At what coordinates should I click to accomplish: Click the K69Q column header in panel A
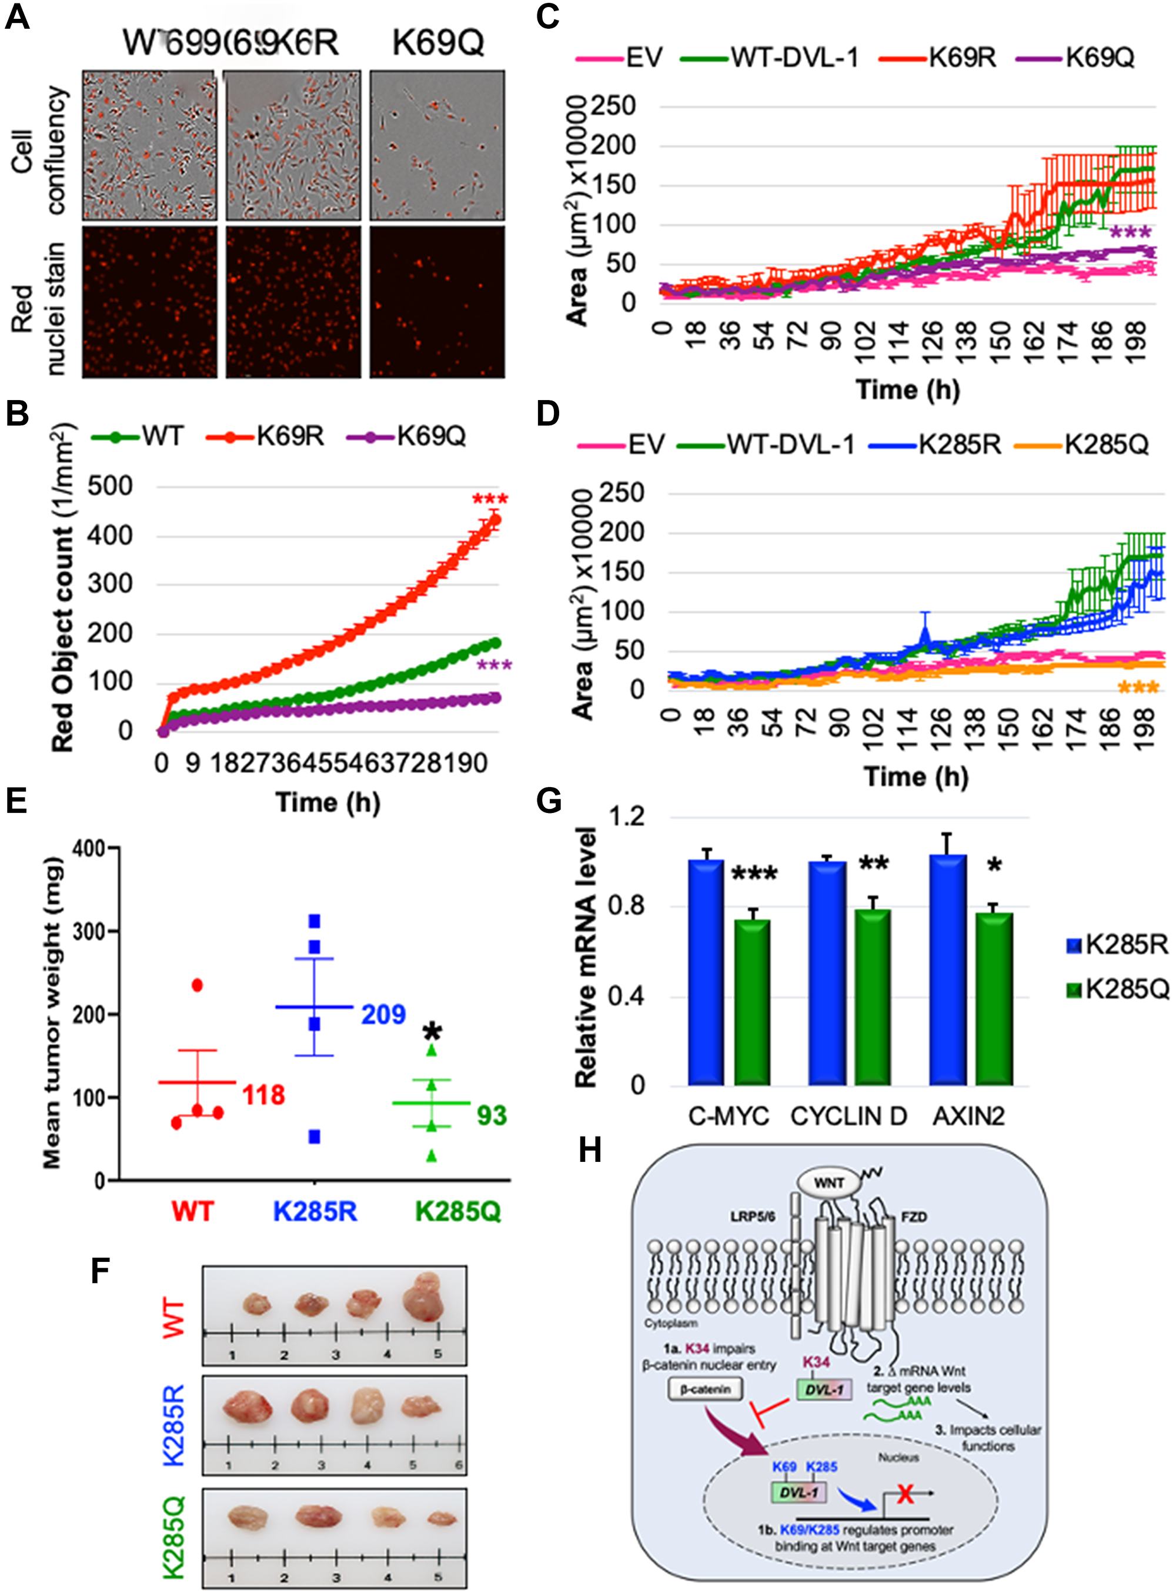[438, 43]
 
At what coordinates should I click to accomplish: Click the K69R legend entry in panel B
[289, 436]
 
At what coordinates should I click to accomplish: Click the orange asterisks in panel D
[1138, 688]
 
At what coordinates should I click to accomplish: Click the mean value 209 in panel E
[383, 1014]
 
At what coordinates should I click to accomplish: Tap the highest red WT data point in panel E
[197, 985]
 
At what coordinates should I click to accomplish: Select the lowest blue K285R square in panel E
[314, 1137]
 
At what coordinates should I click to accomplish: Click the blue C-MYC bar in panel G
[706, 972]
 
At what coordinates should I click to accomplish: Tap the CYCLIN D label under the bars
[848, 1116]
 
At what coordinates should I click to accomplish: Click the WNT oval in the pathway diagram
[828, 1183]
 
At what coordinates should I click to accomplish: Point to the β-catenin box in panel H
[705, 1389]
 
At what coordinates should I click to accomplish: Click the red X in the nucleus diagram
[905, 1492]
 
